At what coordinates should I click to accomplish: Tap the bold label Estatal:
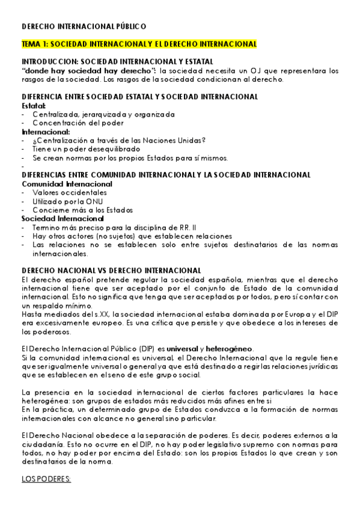[x=34, y=105]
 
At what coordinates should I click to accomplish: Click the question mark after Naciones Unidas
[x=204, y=140]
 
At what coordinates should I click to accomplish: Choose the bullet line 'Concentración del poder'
[x=78, y=123]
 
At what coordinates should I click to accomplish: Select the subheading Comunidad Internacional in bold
[x=63, y=183]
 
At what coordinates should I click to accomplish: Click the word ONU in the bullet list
[x=88, y=201]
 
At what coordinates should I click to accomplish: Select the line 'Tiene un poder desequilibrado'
[x=87, y=149]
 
